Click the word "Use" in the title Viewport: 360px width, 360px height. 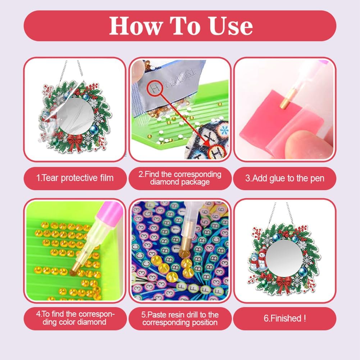[x=231, y=26]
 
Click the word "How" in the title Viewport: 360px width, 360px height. [x=136, y=26]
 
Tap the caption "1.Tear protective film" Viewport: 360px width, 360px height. [x=75, y=178]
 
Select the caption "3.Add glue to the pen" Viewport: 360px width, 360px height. [x=285, y=178]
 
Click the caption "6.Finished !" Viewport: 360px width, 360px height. [x=285, y=318]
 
